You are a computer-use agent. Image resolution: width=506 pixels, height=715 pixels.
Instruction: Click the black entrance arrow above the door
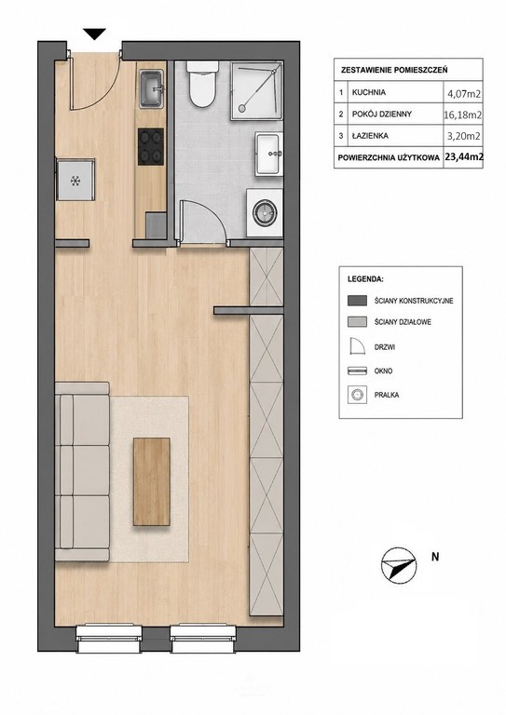[x=94, y=34]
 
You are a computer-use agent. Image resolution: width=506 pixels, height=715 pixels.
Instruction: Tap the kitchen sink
[x=152, y=89]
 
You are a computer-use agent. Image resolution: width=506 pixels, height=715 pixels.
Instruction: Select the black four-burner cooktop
[x=151, y=146]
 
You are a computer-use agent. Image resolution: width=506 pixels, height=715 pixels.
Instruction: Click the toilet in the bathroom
[x=202, y=84]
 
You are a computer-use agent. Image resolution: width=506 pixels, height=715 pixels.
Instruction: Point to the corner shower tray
[x=256, y=90]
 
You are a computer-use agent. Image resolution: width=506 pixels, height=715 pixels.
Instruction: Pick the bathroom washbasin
[x=269, y=154]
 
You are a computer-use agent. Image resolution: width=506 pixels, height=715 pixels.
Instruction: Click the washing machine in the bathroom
[x=265, y=213]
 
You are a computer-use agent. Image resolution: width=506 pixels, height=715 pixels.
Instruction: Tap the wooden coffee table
[x=152, y=481]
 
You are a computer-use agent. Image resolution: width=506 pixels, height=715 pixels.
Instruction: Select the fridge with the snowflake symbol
[x=75, y=180]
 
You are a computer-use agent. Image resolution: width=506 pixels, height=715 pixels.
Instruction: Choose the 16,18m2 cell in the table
[x=462, y=115]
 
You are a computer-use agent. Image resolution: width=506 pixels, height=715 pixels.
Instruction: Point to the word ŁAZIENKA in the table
[x=370, y=135]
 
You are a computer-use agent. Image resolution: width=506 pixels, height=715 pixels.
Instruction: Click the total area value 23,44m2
[x=464, y=156]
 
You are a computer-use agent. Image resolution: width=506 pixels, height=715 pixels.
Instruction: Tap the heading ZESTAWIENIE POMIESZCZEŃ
[x=394, y=70]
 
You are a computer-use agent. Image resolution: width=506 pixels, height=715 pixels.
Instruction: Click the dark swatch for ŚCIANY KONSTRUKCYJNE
[x=357, y=301]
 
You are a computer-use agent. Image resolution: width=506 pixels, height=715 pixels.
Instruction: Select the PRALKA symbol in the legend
[x=357, y=395]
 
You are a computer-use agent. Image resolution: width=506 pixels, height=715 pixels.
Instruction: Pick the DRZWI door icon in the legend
[x=357, y=346]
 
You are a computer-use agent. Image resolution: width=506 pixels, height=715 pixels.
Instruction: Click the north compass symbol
[x=399, y=563]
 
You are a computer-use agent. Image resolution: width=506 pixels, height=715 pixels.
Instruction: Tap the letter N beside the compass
[x=435, y=557]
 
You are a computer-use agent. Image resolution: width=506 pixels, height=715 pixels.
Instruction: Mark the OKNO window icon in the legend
[x=357, y=371]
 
